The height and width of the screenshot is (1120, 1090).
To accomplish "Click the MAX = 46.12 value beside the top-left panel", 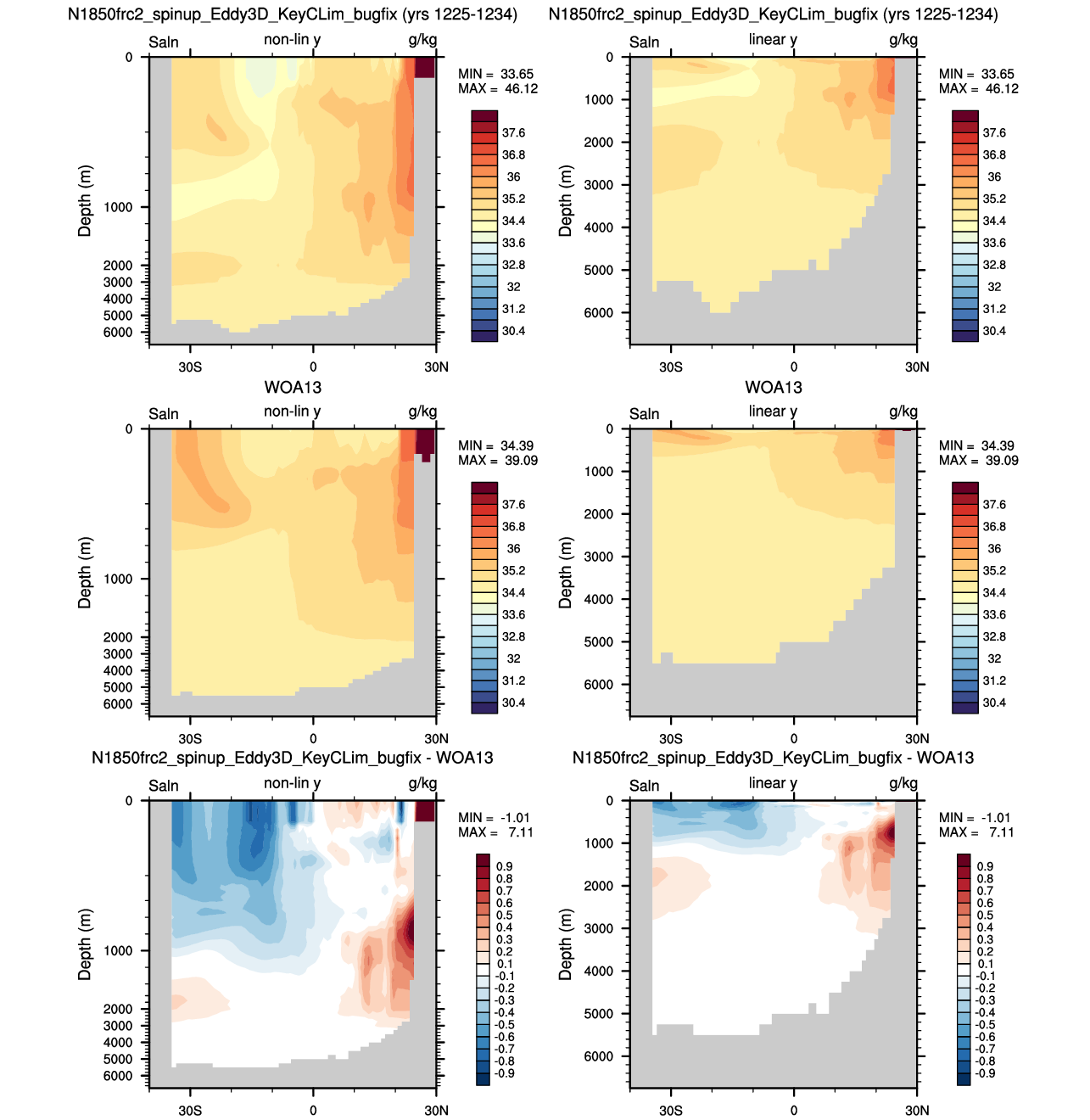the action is click(x=497, y=88).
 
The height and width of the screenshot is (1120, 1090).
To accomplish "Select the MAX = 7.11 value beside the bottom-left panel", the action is click(x=495, y=832).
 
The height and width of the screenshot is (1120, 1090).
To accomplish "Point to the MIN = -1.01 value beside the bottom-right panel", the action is click(x=976, y=817).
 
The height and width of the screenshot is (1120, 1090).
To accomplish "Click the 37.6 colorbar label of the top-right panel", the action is click(x=994, y=133).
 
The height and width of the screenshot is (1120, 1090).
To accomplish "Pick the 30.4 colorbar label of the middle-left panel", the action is click(x=513, y=703).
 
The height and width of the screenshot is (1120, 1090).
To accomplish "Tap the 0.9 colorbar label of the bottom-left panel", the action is click(x=504, y=866).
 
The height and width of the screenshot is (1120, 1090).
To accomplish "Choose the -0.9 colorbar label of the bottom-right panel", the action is click(x=985, y=1072).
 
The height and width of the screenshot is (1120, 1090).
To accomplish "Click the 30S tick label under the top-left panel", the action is click(x=190, y=367).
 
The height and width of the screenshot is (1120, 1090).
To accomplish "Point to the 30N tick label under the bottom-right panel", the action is click(x=917, y=1110).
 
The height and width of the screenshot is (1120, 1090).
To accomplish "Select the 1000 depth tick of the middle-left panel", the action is click(x=118, y=579).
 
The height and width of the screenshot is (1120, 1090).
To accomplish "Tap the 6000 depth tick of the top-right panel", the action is click(x=599, y=312).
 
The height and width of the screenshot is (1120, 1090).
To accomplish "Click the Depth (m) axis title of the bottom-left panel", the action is click(x=84, y=944).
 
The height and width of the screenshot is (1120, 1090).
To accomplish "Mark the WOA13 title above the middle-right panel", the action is click(x=774, y=387).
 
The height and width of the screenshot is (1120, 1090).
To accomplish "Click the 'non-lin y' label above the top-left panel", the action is click(x=293, y=40).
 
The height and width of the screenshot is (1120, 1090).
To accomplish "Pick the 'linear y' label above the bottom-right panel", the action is click(x=773, y=783).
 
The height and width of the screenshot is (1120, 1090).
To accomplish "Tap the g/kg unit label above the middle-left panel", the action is click(x=422, y=412).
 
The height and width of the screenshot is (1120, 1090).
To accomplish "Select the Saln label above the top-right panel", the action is click(x=644, y=42).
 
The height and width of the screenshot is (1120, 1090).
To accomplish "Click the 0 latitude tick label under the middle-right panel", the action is click(x=794, y=738).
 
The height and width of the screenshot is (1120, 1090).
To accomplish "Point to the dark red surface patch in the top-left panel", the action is click(x=425, y=67).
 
